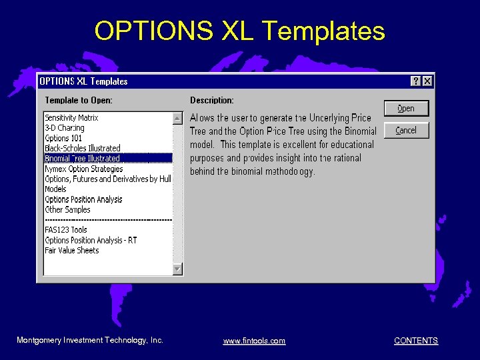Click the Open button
[x=406, y=109]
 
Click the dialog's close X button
[x=427, y=81]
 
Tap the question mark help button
[x=416, y=81]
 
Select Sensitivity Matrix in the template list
[x=71, y=118]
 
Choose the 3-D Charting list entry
[x=65, y=128]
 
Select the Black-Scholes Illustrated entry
[x=83, y=148]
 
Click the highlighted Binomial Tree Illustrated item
[x=82, y=158]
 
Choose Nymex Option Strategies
[x=84, y=169]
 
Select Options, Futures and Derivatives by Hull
[x=108, y=179]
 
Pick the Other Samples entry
[x=67, y=209]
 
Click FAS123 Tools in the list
[x=66, y=230]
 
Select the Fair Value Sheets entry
[x=72, y=251]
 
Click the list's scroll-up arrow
[x=177, y=118]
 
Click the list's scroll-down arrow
[x=177, y=269]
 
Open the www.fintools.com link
[x=254, y=341]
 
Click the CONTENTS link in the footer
[x=416, y=341]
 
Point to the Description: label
[x=212, y=101]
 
